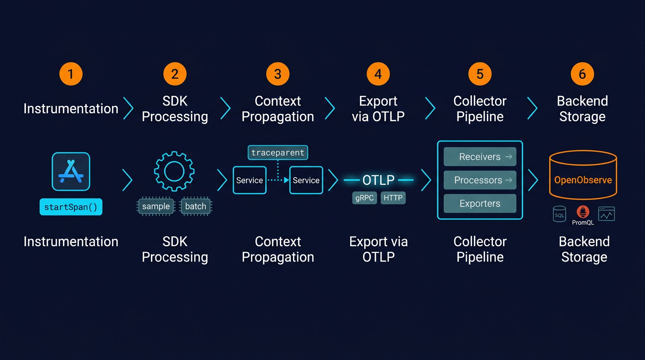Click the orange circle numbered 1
click(x=71, y=74)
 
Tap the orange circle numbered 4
click(x=378, y=74)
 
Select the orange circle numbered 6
click(x=582, y=74)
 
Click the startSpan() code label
click(x=71, y=207)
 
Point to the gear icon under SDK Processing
click(x=174, y=171)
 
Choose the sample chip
click(x=156, y=206)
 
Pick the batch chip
click(x=195, y=206)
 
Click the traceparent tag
click(x=277, y=152)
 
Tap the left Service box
click(x=249, y=180)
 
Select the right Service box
click(x=306, y=180)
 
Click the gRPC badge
click(x=364, y=198)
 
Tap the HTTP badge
click(x=393, y=198)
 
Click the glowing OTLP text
click(x=378, y=180)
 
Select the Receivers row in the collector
click(x=480, y=157)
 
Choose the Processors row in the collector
click(x=480, y=180)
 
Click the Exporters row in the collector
click(x=480, y=203)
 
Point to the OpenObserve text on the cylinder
click(x=583, y=180)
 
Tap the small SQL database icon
click(x=559, y=214)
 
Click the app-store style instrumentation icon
click(x=71, y=172)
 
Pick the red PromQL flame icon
click(x=583, y=212)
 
